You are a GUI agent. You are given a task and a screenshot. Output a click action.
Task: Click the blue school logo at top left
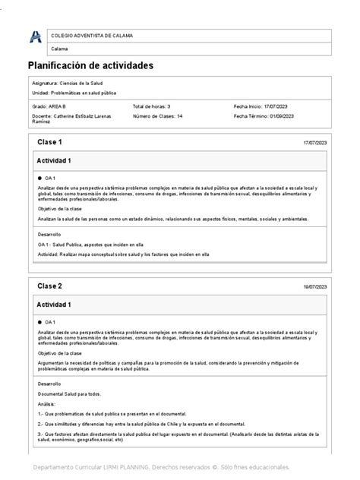click(x=35, y=36)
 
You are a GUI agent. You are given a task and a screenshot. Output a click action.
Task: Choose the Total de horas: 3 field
click(x=152, y=107)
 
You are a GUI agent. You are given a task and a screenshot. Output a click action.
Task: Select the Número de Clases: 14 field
click(x=158, y=116)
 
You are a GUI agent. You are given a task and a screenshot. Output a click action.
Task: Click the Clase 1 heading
click(x=49, y=143)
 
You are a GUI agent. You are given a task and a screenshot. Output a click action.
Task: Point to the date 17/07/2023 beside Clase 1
click(x=314, y=144)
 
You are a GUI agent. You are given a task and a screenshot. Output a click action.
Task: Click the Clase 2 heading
click(x=49, y=286)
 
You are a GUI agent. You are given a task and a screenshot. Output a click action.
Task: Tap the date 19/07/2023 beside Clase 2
click(x=314, y=287)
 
